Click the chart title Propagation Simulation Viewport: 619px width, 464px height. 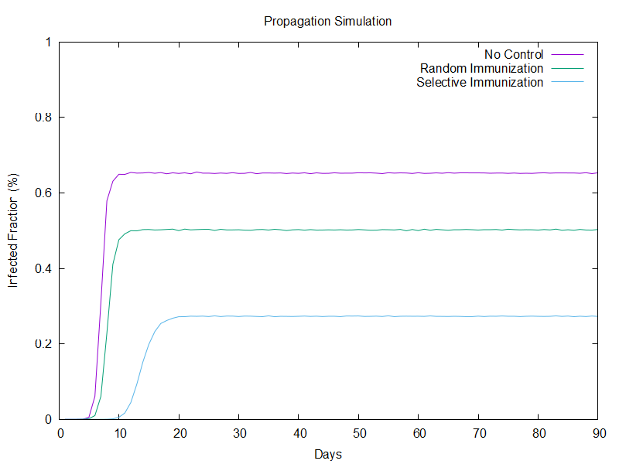click(x=327, y=21)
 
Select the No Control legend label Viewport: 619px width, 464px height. click(x=514, y=54)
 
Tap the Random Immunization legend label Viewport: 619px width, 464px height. click(x=481, y=68)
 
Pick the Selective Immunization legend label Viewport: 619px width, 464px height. click(x=480, y=82)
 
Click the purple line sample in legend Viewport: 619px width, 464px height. click(x=566, y=54)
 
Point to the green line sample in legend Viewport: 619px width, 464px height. click(x=566, y=68)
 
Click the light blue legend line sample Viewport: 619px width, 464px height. click(x=566, y=82)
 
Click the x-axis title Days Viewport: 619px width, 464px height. click(x=328, y=454)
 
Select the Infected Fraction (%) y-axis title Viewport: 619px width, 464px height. click(x=13, y=231)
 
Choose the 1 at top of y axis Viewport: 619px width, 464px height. click(x=48, y=42)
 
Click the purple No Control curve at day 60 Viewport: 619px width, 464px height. click(x=419, y=172)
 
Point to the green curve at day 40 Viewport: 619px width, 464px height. click(x=299, y=230)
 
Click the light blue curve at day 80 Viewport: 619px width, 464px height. click(x=538, y=316)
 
